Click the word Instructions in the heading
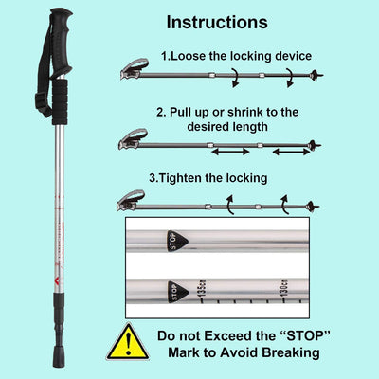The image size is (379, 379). pos(217,21)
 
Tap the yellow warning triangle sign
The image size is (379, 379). pos(127,342)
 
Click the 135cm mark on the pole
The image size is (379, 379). pos(203,291)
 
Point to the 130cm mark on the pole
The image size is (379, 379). pos(282,286)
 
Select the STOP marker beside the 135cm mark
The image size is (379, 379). pos(176,293)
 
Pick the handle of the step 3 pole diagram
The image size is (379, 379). pos(131,200)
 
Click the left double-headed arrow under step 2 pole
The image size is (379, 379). pos(229,151)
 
